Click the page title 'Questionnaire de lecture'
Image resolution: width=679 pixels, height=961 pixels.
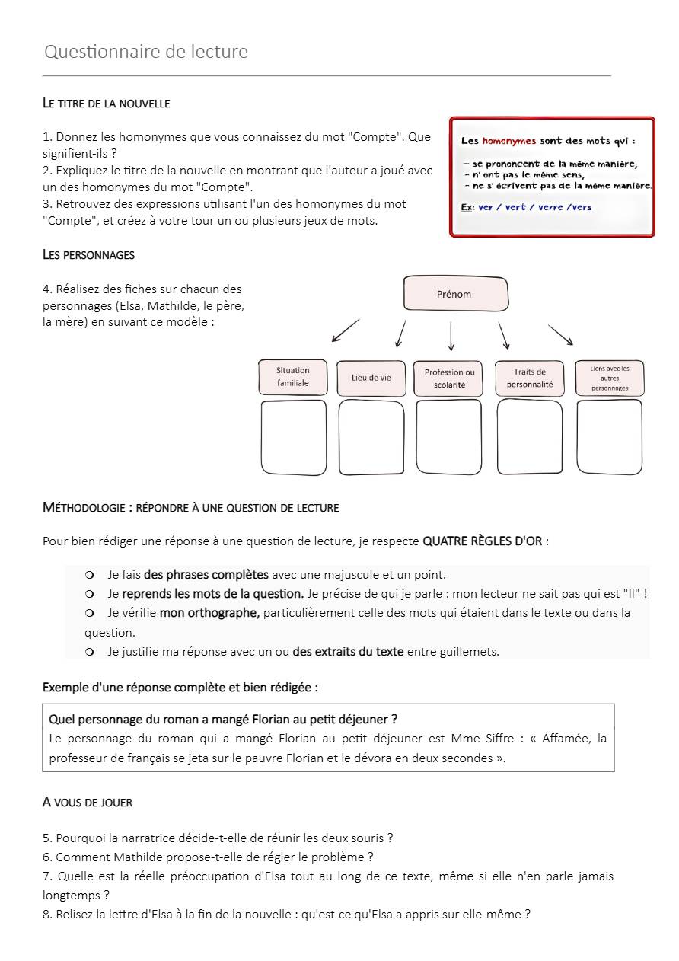pos(146,52)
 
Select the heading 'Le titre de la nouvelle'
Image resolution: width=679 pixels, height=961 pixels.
pos(106,103)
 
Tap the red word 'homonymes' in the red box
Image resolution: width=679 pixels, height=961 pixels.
pos(509,141)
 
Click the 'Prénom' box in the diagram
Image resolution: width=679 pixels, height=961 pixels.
pos(454,294)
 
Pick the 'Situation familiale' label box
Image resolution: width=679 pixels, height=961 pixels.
pos(293,377)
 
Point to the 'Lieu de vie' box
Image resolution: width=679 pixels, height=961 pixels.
pos(371,378)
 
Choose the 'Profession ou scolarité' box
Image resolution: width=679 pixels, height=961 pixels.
pos(449,378)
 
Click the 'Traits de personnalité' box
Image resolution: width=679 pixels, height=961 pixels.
pos(530,378)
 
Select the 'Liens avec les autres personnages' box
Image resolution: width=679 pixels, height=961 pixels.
pos(609,378)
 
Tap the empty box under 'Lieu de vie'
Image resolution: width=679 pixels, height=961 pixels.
pos(371,437)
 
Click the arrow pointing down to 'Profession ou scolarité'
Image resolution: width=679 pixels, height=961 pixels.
pos(451,336)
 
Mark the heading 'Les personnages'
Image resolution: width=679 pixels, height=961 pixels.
pos(88,255)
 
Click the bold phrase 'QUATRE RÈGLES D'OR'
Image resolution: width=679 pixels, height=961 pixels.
pos(482,541)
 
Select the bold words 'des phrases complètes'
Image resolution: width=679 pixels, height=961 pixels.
pos(206,575)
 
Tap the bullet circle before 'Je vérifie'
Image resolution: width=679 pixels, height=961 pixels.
pos(90,613)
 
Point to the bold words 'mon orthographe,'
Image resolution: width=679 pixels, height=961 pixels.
pos(209,613)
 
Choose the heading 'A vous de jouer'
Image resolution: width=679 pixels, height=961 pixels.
pos(87,803)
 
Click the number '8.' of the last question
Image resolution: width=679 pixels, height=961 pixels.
pos(47,915)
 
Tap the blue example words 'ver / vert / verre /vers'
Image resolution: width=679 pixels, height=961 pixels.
pos(534,207)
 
